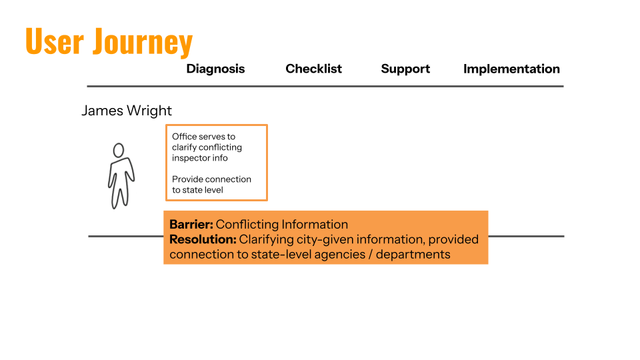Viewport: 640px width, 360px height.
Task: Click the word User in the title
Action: coord(54,41)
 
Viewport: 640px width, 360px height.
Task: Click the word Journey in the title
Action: coord(143,43)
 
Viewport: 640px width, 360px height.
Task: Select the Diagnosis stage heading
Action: coord(215,69)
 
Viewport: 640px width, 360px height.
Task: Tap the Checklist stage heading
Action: coord(313,69)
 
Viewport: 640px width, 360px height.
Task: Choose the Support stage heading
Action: coord(405,69)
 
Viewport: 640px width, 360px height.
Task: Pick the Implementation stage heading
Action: coord(511,69)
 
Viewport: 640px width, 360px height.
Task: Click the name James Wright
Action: coord(127,111)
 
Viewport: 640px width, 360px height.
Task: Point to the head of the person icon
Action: coord(119,150)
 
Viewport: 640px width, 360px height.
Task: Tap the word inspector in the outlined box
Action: coord(191,158)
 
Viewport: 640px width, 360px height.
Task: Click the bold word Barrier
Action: coord(191,225)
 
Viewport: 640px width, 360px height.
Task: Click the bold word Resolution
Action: coord(203,239)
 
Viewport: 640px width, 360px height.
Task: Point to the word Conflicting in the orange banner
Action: coord(247,225)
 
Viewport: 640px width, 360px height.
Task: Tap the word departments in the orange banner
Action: coord(413,255)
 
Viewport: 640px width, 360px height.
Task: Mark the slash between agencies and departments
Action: coord(370,254)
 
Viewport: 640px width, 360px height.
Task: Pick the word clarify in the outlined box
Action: coord(185,147)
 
